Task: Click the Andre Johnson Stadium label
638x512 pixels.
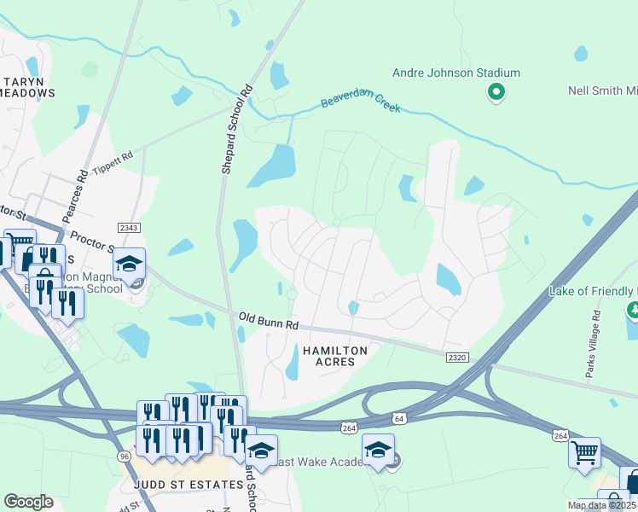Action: [x=455, y=73]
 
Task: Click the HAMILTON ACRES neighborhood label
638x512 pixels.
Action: [x=331, y=358]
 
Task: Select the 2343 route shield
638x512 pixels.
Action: [x=129, y=228]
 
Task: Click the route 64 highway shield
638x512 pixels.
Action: [x=399, y=418]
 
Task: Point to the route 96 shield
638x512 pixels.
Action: [x=124, y=457]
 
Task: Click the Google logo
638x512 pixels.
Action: [x=28, y=502]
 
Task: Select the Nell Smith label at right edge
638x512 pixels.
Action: [x=602, y=91]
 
